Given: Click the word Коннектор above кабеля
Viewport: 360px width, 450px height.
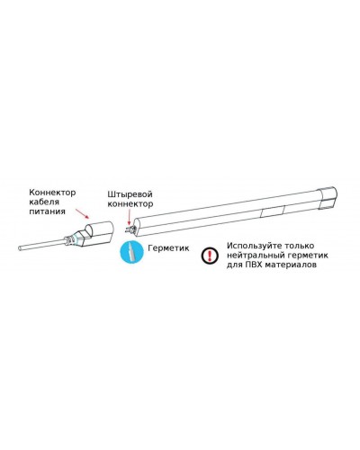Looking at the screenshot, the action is tap(52, 192).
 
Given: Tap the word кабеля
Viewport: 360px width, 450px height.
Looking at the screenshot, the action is tap(44, 202).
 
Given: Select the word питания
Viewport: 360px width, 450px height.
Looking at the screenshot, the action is tap(47, 211).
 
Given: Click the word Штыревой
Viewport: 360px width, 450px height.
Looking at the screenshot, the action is tap(130, 194).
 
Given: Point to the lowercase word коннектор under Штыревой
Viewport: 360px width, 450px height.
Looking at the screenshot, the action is tap(130, 204).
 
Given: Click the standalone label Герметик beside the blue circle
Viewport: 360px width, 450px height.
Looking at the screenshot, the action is tap(169, 248).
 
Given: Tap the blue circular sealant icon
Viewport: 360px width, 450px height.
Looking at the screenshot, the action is tap(132, 251).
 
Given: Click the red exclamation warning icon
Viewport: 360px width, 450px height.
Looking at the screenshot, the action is tap(210, 256).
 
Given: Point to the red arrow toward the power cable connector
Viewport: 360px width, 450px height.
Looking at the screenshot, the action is tap(83, 213).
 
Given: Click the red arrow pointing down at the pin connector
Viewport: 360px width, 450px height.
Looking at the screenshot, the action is tap(130, 217).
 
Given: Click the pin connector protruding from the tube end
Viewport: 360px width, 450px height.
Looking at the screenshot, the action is tap(130, 229).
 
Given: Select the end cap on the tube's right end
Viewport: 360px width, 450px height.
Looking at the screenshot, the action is tap(328, 198).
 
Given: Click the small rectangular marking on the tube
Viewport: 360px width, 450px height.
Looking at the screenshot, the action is tap(273, 211).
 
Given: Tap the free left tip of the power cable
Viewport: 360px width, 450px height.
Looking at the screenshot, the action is tap(19, 248).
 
